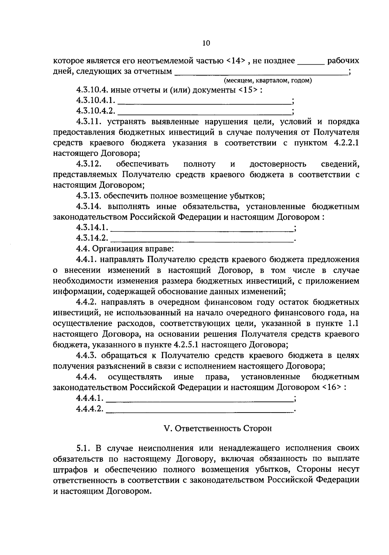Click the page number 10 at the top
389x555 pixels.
point(206,43)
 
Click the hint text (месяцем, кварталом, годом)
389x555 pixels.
point(268,80)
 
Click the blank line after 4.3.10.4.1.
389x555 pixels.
point(205,102)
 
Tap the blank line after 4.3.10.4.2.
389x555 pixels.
point(205,113)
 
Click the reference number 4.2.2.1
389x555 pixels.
point(346,143)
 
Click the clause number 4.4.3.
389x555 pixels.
point(87,355)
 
